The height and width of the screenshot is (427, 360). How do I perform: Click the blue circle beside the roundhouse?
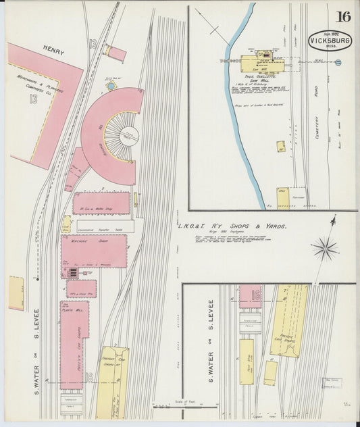pyautogui.click(x=111, y=86)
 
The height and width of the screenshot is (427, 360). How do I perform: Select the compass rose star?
pyautogui.click(x=325, y=247)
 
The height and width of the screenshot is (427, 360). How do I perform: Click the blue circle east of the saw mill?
pyautogui.click(x=338, y=62)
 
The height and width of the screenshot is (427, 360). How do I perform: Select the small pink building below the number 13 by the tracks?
pyautogui.click(x=116, y=53)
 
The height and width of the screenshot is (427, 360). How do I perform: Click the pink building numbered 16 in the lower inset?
pyautogui.click(x=251, y=296)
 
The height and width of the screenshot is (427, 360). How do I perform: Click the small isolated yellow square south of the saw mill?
pyautogui.click(x=280, y=145)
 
